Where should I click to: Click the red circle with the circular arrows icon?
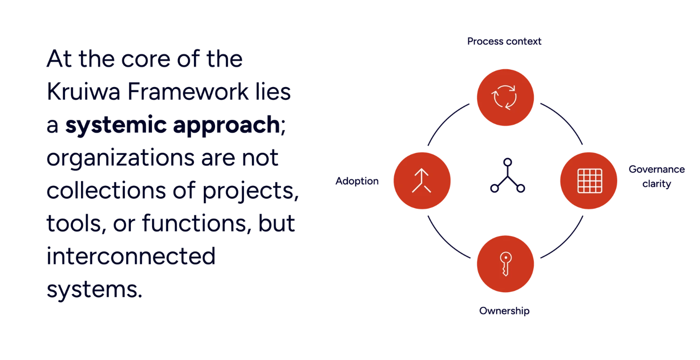tap(505, 97)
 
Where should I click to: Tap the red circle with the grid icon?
tap(588, 180)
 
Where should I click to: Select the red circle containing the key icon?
tap(505, 264)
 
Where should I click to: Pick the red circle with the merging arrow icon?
tap(421, 180)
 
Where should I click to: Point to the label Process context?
tap(504, 41)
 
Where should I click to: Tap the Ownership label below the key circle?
tap(504, 311)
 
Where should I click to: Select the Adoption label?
tap(357, 182)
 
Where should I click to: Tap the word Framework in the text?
tap(188, 93)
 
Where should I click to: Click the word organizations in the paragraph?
tap(120, 159)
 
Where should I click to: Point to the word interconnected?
tap(131, 257)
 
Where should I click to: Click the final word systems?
tap(94, 290)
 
